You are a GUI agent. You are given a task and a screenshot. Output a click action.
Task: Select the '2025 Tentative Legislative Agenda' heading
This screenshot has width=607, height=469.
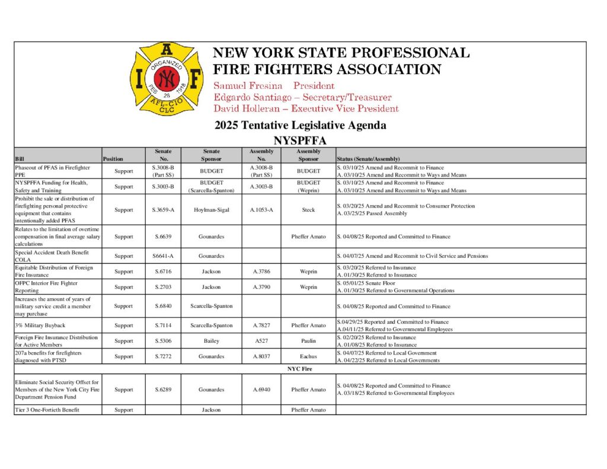[300, 125]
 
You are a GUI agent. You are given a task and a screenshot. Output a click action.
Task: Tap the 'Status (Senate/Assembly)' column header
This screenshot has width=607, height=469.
[368, 159]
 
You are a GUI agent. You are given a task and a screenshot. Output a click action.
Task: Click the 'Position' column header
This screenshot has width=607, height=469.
[113, 159]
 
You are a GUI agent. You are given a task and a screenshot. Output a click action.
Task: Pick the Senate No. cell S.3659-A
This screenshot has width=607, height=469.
[163, 210]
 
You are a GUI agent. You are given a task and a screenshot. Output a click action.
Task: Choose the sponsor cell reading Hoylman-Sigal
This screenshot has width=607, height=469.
[212, 210]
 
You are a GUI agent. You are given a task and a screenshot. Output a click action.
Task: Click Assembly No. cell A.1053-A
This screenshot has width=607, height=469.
[261, 210]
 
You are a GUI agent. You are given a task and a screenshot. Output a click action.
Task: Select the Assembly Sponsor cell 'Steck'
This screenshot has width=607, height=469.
[308, 210]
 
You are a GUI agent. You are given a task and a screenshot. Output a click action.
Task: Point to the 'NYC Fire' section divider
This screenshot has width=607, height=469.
[300, 369]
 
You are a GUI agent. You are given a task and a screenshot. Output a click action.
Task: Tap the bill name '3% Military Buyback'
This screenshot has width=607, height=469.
[40, 326]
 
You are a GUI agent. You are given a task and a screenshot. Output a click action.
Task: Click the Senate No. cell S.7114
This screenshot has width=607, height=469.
[163, 326]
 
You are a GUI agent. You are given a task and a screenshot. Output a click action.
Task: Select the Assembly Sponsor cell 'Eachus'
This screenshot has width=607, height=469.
[308, 356]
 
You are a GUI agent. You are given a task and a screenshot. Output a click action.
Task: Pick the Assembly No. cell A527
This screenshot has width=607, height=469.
[261, 341]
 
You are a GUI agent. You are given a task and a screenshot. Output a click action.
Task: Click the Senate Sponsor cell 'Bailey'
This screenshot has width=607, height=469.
[212, 341]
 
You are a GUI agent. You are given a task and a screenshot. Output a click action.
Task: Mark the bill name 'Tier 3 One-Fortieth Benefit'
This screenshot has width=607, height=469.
[47, 410]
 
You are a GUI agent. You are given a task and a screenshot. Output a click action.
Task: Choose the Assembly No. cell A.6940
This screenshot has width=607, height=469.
[261, 390]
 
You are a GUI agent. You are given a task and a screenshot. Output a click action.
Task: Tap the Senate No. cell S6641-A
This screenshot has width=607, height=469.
[163, 256]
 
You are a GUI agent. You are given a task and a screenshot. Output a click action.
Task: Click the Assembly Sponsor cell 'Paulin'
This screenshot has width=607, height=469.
[308, 341]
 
